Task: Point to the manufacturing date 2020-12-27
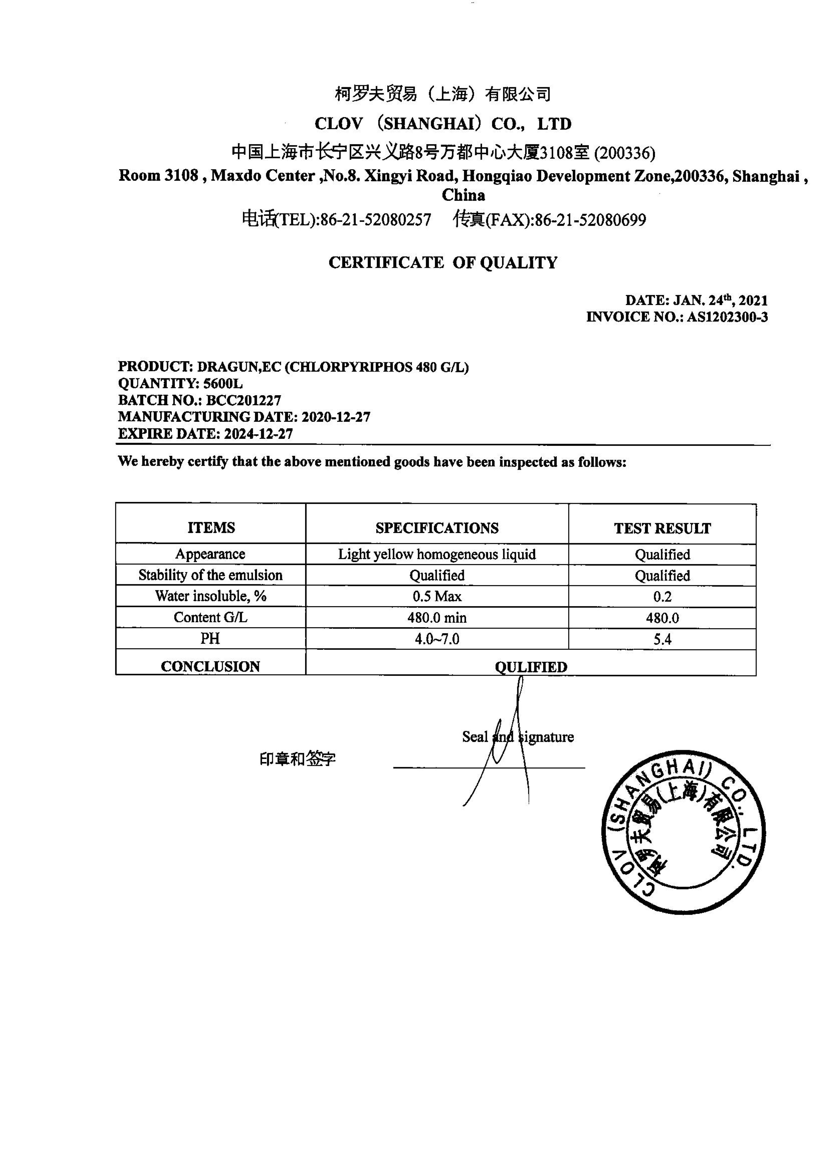point(336,417)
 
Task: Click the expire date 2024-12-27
point(259,434)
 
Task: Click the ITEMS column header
point(211,528)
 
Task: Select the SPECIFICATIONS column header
point(437,528)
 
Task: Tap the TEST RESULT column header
point(662,528)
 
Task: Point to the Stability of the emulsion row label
point(211,575)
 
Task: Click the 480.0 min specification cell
point(437,618)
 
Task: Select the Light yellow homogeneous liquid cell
point(437,554)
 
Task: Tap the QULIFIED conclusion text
point(531,667)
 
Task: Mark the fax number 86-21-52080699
point(590,220)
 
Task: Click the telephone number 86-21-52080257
point(376,220)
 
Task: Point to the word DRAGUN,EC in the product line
point(239,367)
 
